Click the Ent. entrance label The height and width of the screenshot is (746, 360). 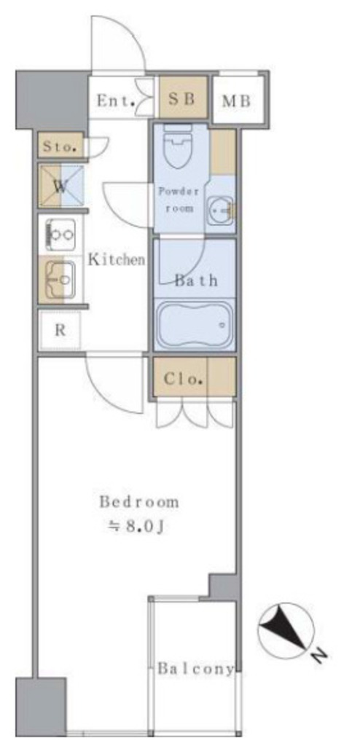(116, 101)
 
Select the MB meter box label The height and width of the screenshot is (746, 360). (237, 101)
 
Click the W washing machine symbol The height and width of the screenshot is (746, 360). (61, 186)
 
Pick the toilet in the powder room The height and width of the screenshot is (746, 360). (177, 145)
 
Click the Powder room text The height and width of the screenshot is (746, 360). (178, 200)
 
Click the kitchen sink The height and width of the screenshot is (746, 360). (60, 280)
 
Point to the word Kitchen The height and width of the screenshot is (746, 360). (116, 260)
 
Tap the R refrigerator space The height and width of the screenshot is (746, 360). (60, 330)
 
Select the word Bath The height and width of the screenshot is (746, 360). (196, 280)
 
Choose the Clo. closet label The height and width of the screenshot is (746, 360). (184, 379)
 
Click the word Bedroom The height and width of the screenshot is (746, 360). (138, 502)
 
